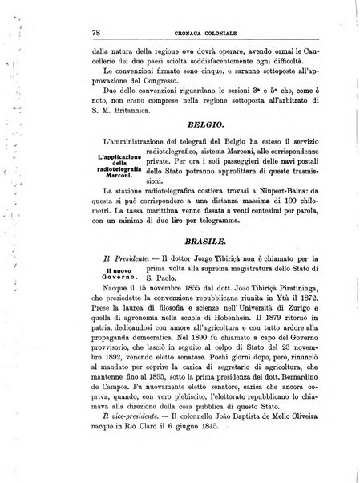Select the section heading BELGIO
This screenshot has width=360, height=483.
click(207, 127)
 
